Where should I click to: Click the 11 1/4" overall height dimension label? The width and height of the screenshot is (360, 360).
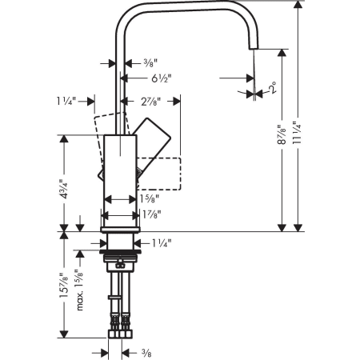[x=297, y=133]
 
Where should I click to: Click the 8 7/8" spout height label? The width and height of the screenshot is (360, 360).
[x=282, y=134]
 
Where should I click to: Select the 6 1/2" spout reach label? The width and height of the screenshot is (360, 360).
[x=162, y=78]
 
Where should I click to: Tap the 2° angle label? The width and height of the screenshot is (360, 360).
[x=272, y=88]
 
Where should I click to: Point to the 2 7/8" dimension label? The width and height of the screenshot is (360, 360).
[x=150, y=102]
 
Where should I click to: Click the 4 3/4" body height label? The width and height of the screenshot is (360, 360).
[x=64, y=189]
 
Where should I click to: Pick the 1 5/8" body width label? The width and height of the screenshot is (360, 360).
[x=150, y=198]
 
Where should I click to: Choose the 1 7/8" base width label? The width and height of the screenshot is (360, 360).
[x=151, y=214]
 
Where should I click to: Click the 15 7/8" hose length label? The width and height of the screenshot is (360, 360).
[x=64, y=286]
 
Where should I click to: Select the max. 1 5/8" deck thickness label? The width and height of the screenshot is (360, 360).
[x=80, y=290]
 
